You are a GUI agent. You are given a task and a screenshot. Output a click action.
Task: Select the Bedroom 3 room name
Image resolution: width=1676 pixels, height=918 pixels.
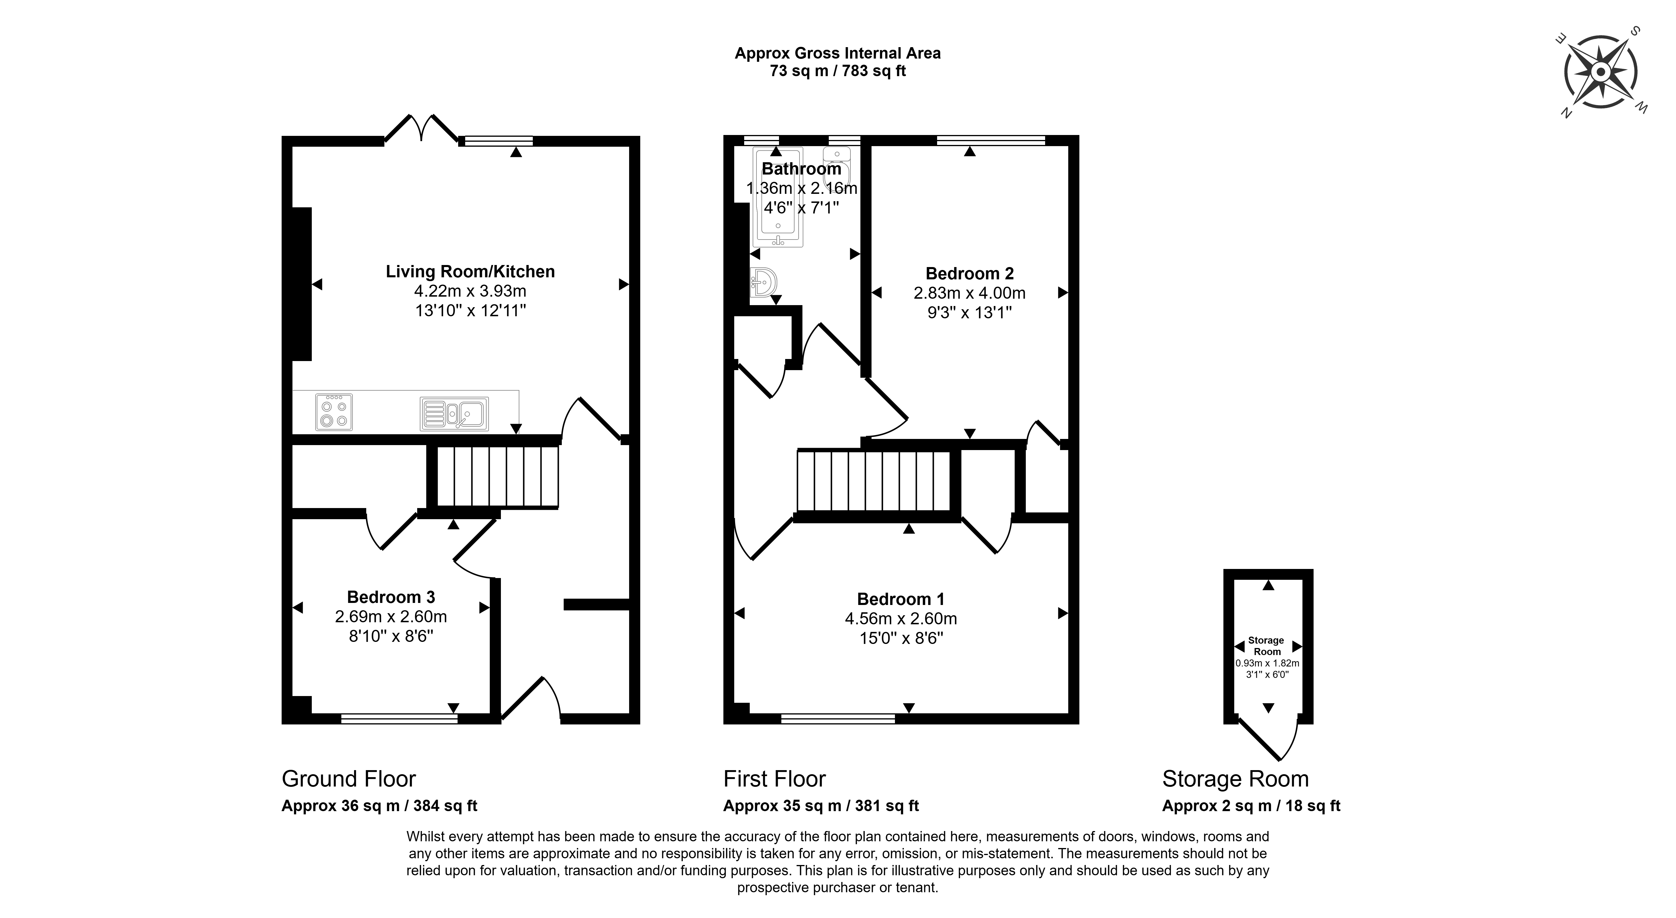point(391,596)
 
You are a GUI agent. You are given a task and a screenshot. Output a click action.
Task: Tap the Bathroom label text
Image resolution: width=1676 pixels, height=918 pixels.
point(802,168)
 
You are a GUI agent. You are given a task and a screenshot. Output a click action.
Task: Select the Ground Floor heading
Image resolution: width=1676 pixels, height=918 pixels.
point(349,779)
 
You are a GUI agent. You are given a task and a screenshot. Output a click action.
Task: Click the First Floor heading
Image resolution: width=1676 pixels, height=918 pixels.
point(774,779)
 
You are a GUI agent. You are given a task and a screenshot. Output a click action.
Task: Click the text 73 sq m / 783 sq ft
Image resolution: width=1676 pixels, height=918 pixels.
point(838,71)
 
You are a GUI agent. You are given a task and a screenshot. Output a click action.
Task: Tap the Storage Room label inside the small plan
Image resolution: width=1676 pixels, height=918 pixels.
point(1266,645)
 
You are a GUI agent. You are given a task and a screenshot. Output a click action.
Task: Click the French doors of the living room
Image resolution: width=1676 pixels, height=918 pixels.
point(422,127)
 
